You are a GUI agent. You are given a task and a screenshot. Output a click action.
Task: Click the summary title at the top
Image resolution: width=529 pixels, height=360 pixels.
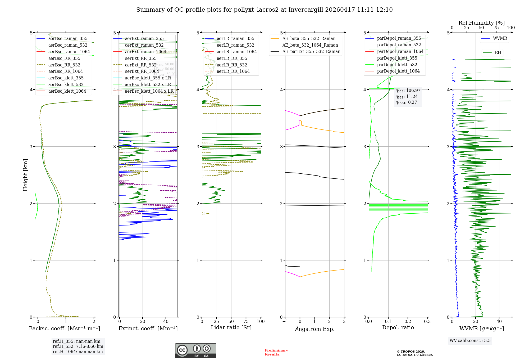point(264,10)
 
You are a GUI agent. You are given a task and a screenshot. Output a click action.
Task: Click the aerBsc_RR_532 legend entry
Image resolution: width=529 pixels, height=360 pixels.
point(64,65)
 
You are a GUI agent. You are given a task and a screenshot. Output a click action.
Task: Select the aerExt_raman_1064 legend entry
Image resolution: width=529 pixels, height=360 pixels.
point(145,52)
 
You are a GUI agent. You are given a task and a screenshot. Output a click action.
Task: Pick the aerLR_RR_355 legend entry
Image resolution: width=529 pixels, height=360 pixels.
point(232,58)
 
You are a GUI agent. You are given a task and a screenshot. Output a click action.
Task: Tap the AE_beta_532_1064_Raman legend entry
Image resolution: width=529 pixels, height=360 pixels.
point(310,45)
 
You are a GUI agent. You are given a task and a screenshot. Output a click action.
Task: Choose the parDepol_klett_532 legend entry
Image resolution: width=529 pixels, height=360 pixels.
point(397,65)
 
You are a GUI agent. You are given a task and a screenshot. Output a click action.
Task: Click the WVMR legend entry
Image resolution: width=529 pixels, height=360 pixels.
point(500,38)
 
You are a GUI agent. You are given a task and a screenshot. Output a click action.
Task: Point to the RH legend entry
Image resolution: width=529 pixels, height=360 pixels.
point(498,53)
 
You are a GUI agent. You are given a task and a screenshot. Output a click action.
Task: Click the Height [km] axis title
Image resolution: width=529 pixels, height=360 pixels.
point(25,175)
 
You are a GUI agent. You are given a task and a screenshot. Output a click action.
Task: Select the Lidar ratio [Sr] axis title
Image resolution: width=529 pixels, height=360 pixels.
point(231,327)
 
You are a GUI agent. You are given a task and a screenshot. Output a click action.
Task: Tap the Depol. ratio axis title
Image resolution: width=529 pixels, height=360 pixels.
point(398,327)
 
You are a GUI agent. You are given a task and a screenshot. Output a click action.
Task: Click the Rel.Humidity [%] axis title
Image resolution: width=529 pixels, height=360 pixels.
point(481,23)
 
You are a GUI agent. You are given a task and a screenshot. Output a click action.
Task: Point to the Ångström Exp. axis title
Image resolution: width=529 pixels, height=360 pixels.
point(314,329)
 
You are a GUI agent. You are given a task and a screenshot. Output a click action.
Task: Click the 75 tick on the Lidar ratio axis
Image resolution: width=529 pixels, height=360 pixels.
point(246,321)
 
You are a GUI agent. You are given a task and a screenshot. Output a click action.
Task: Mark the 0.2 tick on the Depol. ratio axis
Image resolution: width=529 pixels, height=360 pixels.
point(408,321)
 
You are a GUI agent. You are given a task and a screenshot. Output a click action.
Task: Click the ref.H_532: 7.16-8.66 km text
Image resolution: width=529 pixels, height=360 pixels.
point(78,346)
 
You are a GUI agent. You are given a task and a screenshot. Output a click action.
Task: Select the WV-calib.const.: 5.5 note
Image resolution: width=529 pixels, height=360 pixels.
point(470,340)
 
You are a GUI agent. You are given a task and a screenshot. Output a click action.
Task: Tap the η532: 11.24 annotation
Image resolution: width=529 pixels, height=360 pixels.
point(407,96)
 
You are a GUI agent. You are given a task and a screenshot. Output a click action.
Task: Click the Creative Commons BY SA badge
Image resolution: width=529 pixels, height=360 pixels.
point(195,350)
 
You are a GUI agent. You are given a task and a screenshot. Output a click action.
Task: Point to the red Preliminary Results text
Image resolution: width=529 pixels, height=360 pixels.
point(276,352)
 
